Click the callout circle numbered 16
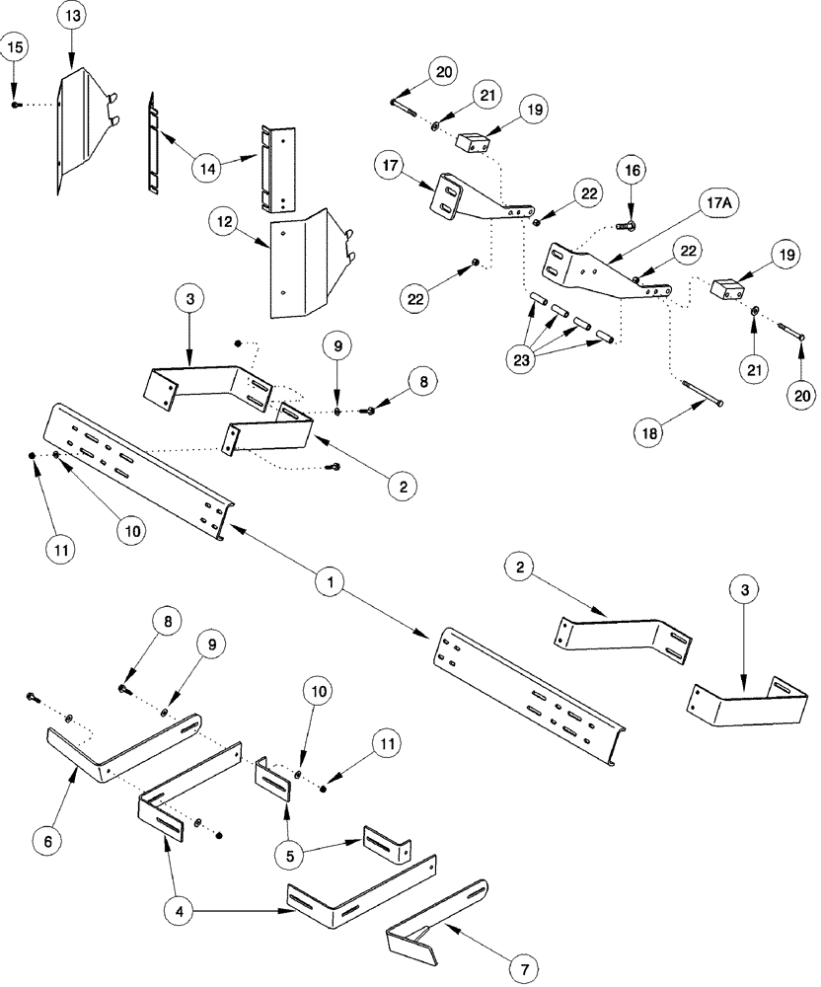[x=632, y=171]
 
